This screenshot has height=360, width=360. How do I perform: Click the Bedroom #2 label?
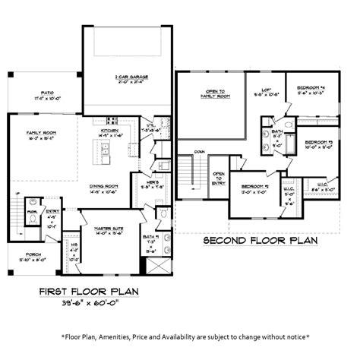(x=255, y=187)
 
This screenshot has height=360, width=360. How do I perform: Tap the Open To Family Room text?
(x=214, y=93)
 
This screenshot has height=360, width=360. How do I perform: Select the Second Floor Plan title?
(x=259, y=241)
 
